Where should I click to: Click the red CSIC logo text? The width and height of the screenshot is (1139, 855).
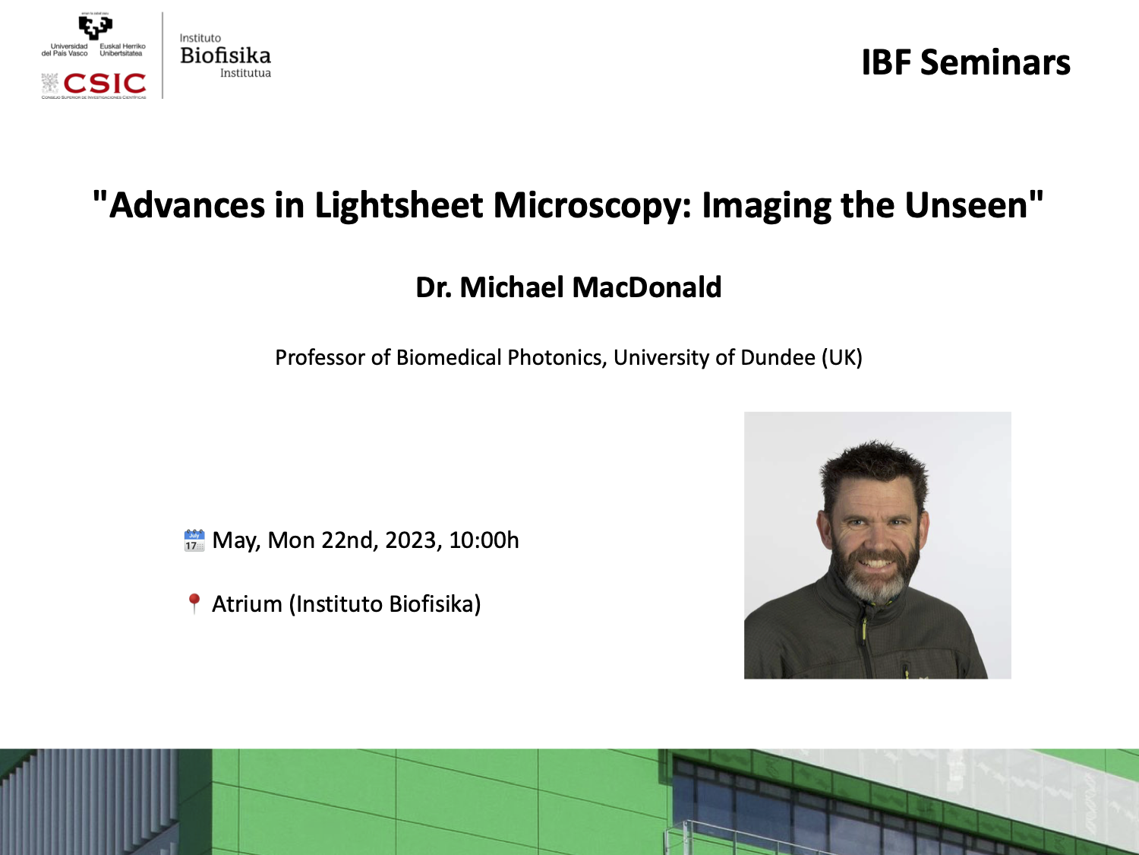click(104, 83)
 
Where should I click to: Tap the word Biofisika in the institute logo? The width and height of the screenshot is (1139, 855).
click(226, 55)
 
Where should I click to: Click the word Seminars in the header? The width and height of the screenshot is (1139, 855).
click(995, 62)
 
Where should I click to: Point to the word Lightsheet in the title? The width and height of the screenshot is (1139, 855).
click(399, 205)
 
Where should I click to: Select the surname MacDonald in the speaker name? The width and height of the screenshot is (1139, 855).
click(646, 287)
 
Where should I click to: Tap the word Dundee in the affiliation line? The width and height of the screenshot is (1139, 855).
click(778, 358)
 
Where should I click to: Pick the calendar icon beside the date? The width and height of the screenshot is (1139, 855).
click(194, 540)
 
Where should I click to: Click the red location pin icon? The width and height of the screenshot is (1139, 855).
click(194, 603)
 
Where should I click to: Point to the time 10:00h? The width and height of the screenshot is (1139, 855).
click(484, 540)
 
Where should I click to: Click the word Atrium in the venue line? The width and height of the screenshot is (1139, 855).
click(247, 604)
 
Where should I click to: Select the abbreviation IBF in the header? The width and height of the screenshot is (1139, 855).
click(886, 62)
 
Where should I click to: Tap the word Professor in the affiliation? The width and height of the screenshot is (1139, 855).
click(320, 358)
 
